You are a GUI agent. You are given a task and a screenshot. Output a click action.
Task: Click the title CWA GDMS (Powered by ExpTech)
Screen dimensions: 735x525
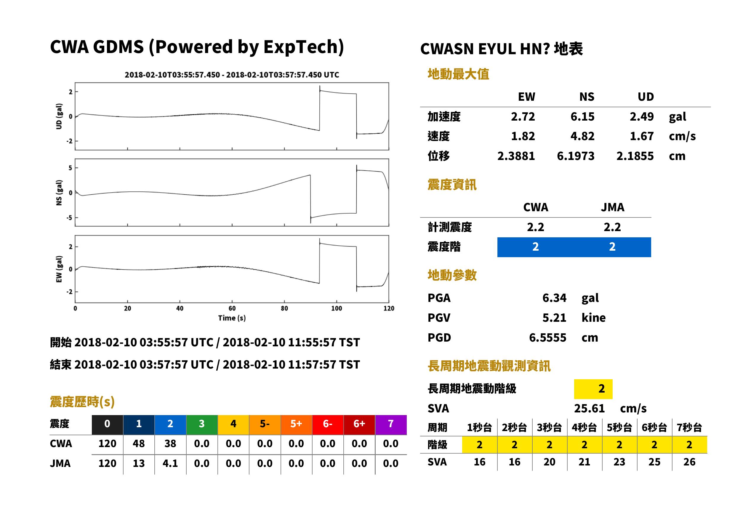197,47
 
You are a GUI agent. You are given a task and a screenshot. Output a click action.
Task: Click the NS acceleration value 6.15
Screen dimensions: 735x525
582,116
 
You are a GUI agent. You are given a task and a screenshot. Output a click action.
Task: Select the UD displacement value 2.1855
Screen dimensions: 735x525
635,156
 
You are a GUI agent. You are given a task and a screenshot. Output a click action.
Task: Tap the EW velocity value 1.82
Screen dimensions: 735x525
523,136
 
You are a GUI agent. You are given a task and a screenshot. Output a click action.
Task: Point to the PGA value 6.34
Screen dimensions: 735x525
554,298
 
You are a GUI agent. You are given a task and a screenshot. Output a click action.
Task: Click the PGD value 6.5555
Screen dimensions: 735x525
547,337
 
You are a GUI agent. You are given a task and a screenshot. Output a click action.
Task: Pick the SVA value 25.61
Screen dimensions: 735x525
589,408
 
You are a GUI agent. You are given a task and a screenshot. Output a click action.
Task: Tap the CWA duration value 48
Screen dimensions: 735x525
139,444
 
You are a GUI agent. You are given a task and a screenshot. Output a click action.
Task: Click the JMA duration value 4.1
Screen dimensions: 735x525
170,463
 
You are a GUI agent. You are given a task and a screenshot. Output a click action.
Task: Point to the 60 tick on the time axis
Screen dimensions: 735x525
232,308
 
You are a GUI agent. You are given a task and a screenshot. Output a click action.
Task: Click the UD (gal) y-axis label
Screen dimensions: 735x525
59,116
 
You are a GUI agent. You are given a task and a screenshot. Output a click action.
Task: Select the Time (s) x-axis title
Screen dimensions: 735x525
232,318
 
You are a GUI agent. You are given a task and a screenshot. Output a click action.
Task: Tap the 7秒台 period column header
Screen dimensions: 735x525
689,427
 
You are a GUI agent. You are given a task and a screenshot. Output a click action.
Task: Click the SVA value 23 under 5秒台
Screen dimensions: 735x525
619,462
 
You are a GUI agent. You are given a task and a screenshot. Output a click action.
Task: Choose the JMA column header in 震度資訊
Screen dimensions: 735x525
613,207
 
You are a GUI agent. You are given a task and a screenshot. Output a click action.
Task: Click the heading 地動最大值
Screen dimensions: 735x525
458,74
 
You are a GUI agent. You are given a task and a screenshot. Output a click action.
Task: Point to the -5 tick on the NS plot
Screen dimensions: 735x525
69,217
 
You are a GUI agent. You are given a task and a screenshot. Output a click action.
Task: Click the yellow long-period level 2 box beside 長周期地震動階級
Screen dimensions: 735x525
593,389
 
